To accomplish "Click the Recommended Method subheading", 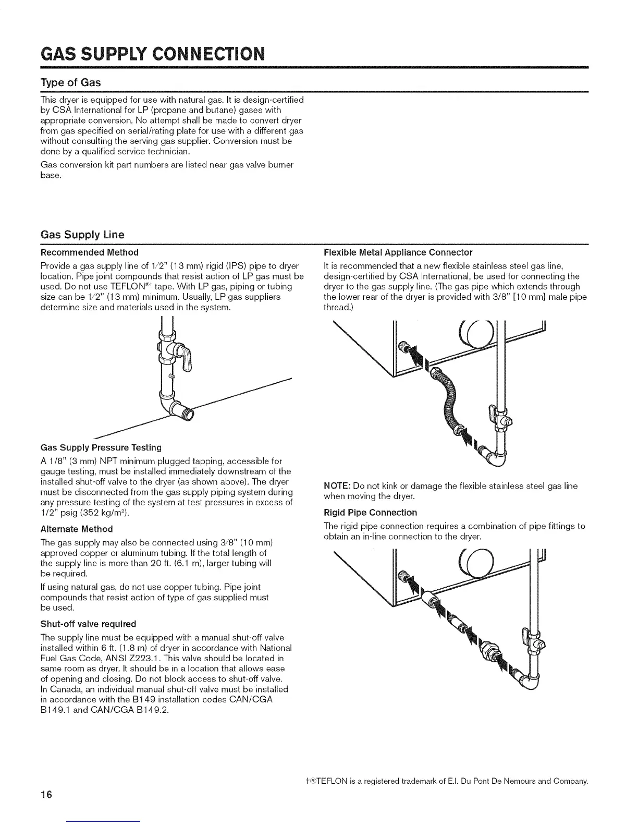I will (x=89, y=252).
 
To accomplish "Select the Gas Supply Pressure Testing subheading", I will (x=101, y=447).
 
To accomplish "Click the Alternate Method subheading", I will (x=76, y=529).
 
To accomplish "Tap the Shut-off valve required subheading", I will (x=88, y=624).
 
